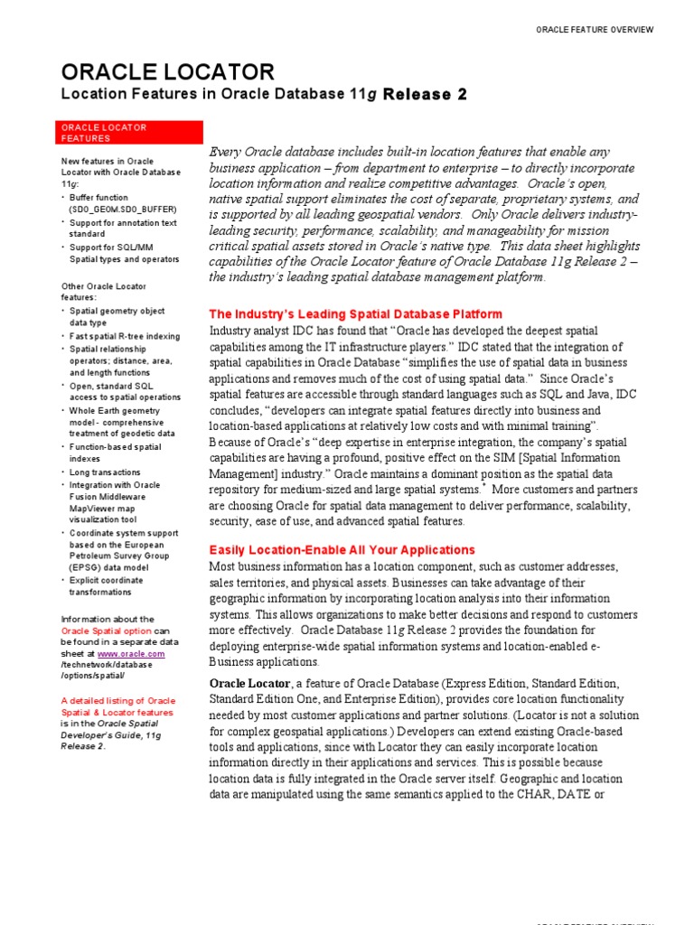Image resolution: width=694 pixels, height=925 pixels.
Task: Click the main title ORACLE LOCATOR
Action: (167, 72)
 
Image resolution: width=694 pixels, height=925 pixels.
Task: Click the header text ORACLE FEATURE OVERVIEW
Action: (595, 30)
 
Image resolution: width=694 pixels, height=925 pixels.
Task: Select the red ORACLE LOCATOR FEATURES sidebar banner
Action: (104, 133)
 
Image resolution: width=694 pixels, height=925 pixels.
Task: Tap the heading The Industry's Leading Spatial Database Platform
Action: (355, 314)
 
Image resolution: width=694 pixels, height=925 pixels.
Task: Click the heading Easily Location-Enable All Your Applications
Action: (342, 549)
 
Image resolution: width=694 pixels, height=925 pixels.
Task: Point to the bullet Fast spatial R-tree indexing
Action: (125, 336)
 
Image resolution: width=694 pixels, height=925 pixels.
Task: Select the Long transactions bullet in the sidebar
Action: (106, 472)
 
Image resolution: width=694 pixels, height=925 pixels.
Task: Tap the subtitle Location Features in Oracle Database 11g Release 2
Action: (264, 95)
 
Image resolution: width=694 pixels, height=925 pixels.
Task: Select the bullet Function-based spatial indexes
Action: (116, 453)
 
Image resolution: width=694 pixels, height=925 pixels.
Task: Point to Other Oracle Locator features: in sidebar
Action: (103, 292)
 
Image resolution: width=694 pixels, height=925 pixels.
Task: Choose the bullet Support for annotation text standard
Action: (123, 228)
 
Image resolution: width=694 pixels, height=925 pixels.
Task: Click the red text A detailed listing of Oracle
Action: (117, 700)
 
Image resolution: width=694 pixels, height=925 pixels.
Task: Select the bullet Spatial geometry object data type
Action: (117, 316)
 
